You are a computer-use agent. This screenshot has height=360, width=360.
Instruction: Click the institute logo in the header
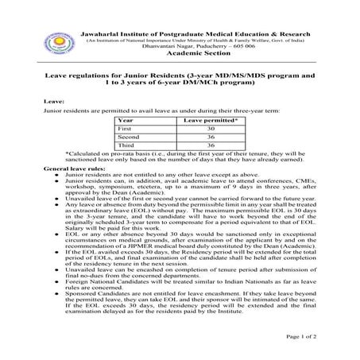61,25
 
